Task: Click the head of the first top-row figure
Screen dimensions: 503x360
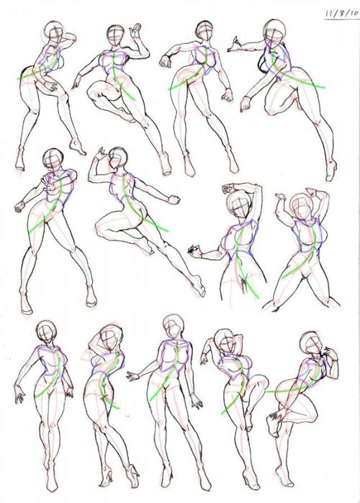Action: pos(53,32)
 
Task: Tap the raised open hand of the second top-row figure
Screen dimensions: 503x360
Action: pos(135,30)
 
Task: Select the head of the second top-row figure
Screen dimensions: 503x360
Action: pos(114,35)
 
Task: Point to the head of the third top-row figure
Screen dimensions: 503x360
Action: pos(204,34)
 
